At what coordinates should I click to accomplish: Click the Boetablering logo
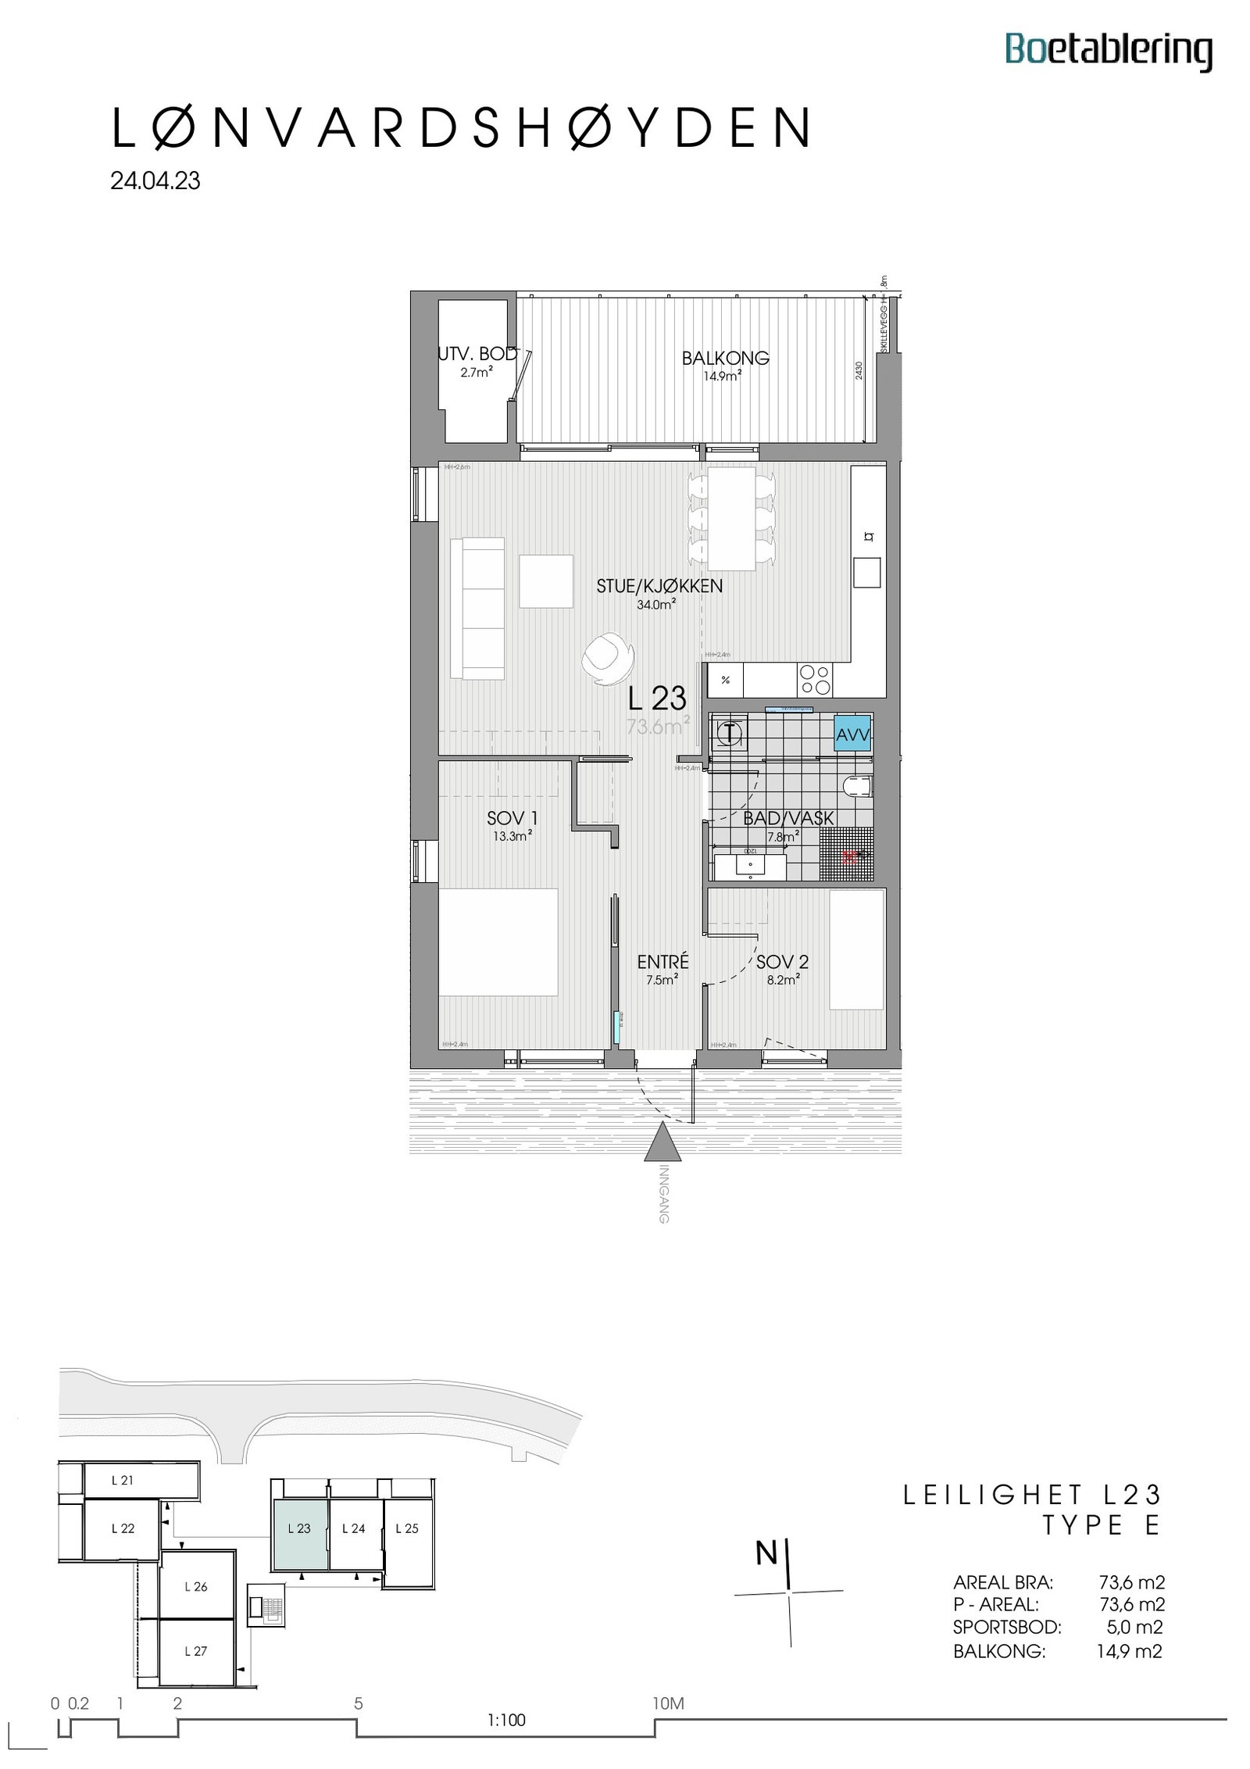(x=1108, y=51)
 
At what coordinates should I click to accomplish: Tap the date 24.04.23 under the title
(x=155, y=181)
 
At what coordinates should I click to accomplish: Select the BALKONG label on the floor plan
(x=724, y=358)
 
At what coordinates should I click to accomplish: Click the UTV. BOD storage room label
(x=477, y=354)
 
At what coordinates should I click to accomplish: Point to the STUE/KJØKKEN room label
(x=659, y=586)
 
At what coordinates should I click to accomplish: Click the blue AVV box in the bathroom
(x=852, y=734)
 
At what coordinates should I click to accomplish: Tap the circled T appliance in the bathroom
(x=729, y=733)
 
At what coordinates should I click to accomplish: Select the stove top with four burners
(x=815, y=679)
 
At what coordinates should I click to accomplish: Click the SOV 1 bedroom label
(x=512, y=818)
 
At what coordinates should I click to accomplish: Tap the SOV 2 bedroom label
(x=782, y=962)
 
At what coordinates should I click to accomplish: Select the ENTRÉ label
(x=662, y=962)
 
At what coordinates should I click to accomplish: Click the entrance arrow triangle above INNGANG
(x=662, y=1141)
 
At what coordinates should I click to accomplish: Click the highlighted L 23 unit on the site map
(x=299, y=1549)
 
